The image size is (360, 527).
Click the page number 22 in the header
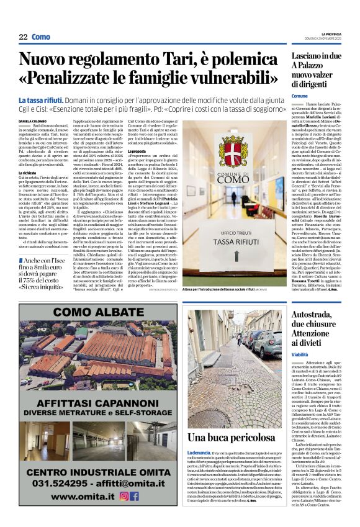point(23,37)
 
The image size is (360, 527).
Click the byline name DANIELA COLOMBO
point(32,122)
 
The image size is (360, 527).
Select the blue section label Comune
point(299,97)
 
